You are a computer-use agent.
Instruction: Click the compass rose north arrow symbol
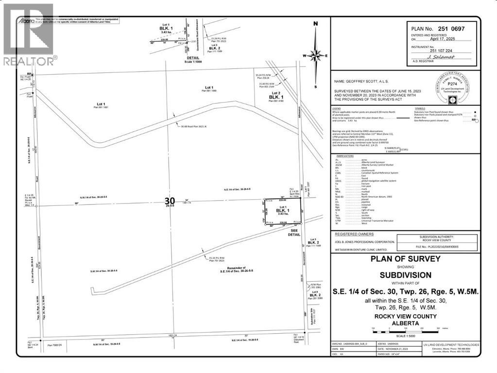click(316, 54)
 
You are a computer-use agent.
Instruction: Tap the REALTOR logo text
click(29, 61)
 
